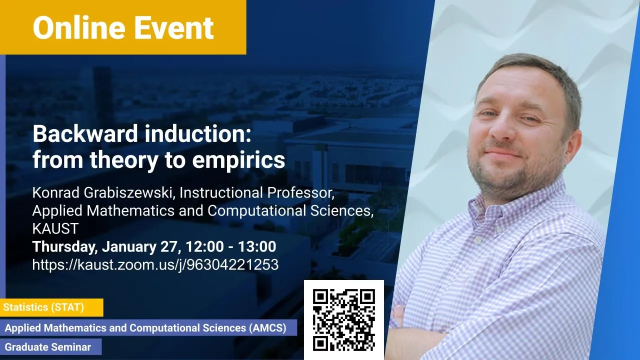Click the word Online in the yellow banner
coord(79,27)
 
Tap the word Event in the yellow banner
coord(173,27)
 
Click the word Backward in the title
coord(85,134)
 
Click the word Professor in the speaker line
coord(300,193)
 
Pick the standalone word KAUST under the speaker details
coord(55,228)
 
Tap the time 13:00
coord(257,246)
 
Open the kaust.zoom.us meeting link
coord(155,265)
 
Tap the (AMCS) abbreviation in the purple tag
coord(267,327)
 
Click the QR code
coord(344,320)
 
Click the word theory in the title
coord(124,160)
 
